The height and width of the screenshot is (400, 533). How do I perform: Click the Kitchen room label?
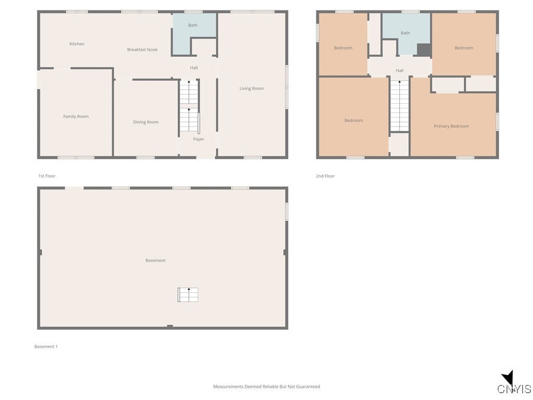point(77,44)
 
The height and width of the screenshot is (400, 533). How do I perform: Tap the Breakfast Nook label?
point(142,49)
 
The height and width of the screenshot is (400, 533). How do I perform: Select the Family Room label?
point(76,116)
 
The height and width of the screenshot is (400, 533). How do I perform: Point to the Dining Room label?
point(146,122)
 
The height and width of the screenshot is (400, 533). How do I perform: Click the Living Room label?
point(251,89)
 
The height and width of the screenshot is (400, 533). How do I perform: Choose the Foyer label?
point(198,139)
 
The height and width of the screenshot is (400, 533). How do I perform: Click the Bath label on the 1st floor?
point(193,25)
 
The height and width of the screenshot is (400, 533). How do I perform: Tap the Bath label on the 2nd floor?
point(405,33)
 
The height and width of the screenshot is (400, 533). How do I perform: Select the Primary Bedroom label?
point(451,126)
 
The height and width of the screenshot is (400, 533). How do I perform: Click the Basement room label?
point(155,260)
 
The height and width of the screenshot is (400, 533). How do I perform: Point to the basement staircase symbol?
point(188,295)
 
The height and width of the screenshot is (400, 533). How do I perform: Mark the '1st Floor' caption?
point(47,176)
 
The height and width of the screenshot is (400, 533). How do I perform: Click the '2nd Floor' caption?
point(325,176)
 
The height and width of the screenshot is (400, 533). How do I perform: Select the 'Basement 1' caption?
point(46,346)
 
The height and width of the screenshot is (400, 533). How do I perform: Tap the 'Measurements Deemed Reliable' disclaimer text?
point(266,386)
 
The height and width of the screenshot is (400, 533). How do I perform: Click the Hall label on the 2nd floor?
point(399,70)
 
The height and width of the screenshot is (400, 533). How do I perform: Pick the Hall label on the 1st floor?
point(194,68)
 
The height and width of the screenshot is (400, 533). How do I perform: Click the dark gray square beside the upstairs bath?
point(424,49)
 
